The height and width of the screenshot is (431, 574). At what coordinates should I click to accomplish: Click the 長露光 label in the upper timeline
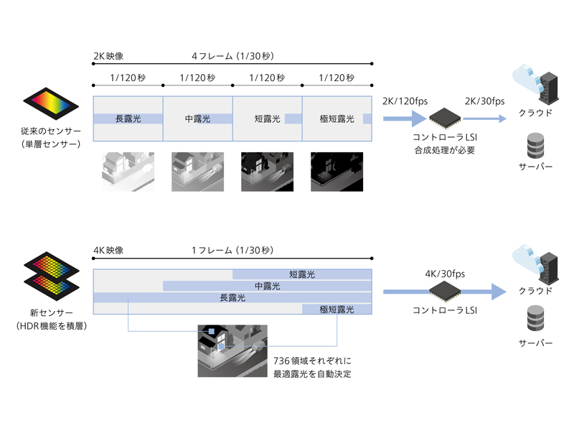(128, 119)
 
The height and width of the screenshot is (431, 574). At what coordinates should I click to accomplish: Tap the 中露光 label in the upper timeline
(198, 119)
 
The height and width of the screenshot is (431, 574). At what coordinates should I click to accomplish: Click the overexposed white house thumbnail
(128, 172)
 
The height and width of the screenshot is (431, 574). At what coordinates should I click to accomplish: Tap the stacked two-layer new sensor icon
(50, 277)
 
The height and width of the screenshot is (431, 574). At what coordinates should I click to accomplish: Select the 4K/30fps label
(445, 274)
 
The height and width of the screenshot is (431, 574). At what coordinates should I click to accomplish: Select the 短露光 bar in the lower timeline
(302, 274)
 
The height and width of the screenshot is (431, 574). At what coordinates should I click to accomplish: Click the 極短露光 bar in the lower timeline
(337, 310)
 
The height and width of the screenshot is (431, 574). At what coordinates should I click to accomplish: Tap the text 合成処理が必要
(445, 150)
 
